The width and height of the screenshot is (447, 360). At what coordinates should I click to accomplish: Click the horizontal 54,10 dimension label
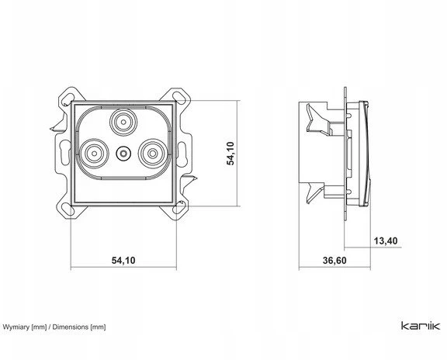pyautogui.click(x=123, y=260)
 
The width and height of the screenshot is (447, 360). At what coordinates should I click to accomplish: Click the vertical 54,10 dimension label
pyautogui.click(x=230, y=154)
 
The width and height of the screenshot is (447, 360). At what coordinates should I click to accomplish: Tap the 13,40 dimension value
pyautogui.click(x=386, y=241)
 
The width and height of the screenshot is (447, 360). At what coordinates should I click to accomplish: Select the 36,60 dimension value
pyautogui.click(x=334, y=260)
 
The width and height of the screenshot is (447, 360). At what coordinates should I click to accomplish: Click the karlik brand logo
pyautogui.click(x=421, y=326)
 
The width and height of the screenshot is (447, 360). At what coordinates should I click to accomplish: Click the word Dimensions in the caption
pyautogui.click(x=71, y=327)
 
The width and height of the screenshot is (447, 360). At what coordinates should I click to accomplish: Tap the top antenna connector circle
pyautogui.click(x=123, y=122)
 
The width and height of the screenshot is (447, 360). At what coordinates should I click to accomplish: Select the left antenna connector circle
pyautogui.click(x=94, y=154)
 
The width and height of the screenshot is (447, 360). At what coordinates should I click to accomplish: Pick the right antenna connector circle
pyautogui.click(x=153, y=154)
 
